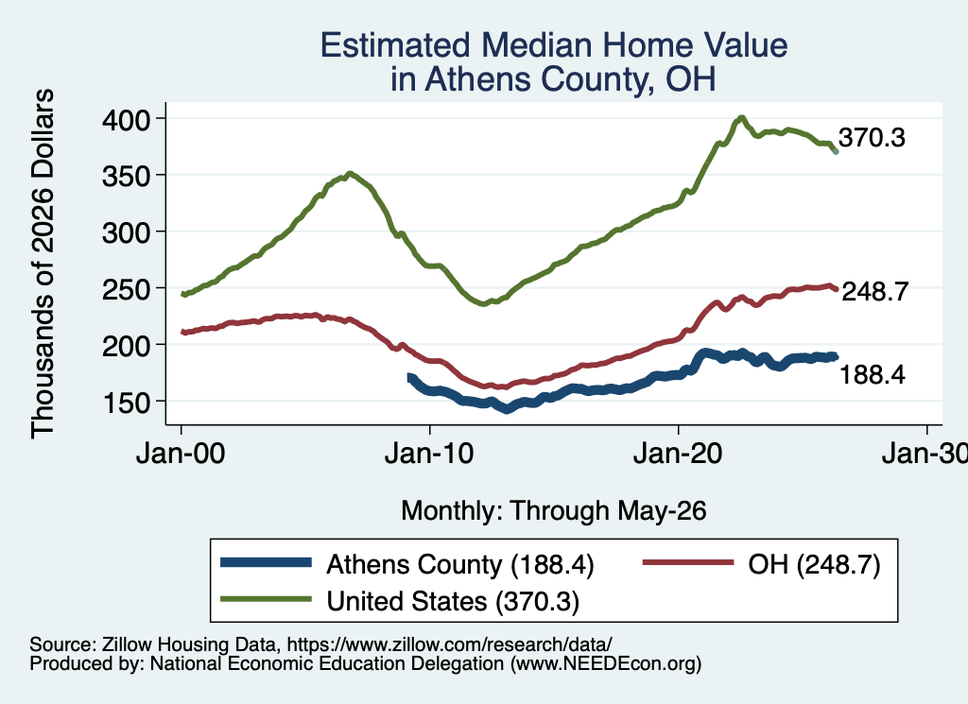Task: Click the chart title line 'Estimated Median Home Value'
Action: click(554, 45)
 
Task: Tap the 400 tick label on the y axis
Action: click(126, 120)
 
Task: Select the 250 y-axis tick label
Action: click(126, 289)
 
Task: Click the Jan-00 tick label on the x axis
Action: click(181, 455)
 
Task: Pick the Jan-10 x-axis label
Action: click(430, 455)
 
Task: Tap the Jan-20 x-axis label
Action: click(678, 455)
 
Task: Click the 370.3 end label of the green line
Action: click(872, 138)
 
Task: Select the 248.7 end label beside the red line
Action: click(874, 291)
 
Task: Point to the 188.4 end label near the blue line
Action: click(872, 374)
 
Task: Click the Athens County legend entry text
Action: click(460, 564)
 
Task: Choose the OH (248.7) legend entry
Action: click(814, 564)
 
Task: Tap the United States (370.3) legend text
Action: click(453, 602)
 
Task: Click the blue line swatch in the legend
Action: click(266, 562)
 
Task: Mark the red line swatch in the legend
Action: click(688, 562)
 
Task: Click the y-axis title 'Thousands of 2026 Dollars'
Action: click(43, 264)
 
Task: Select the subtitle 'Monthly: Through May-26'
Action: click(554, 511)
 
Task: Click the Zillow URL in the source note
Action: click(449, 644)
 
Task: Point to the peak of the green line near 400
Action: click(741, 117)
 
